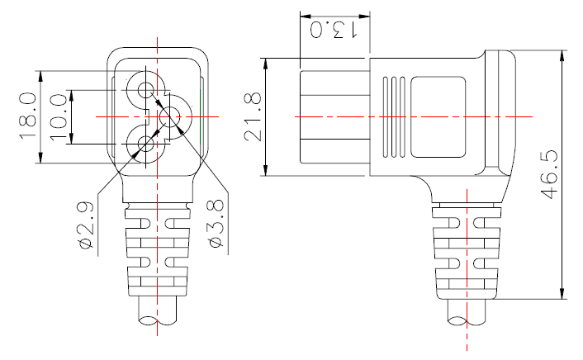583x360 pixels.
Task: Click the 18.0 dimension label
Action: (x=26, y=116)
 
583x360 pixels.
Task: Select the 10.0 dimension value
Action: (x=59, y=116)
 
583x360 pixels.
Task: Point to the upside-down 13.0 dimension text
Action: (x=333, y=31)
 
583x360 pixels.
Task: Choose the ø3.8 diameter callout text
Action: (x=216, y=227)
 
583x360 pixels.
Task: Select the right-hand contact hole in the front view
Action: (x=173, y=117)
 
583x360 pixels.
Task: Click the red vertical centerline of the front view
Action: (x=156, y=248)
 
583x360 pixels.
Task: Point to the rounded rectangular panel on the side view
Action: (x=438, y=116)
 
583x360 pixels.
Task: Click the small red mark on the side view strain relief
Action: (x=457, y=224)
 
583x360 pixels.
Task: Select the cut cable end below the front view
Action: (x=156, y=318)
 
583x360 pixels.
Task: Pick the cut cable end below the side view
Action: (x=467, y=318)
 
